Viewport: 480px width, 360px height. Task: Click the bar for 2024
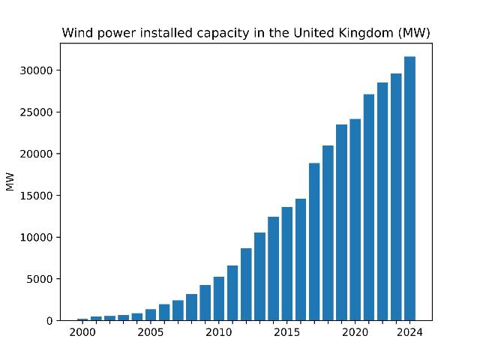pyautogui.click(x=409, y=188)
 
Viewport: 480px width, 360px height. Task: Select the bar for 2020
pyautogui.click(x=355, y=220)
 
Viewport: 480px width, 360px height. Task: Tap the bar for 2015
pyautogui.click(x=286, y=264)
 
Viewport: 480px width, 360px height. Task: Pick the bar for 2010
pyautogui.click(x=219, y=298)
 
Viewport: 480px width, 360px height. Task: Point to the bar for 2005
pyautogui.click(x=151, y=315)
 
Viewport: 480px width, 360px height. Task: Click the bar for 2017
pyautogui.click(x=314, y=241)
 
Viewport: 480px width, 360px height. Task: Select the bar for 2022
pyautogui.click(x=382, y=202)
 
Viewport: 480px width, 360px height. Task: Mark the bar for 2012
pyautogui.click(x=246, y=284)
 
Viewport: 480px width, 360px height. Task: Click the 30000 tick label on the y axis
pyautogui.click(x=37, y=70)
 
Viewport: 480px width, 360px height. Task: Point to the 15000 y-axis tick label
pyautogui.click(x=37, y=196)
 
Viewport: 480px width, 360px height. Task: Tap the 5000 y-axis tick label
pyautogui.click(x=40, y=279)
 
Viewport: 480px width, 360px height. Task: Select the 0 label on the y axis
pyautogui.click(x=49, y=321)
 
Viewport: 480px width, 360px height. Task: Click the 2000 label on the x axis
pyautogui.click(x=82, y=332)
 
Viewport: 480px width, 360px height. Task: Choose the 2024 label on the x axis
pyautogui.click(x=409, y=332)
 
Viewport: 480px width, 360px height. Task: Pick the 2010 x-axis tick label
pyautogui.click(x=219, y=332)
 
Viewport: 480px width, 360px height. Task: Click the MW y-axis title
pyautogui.click(x=10, y=181)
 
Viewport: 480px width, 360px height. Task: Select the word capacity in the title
pyautogui.click(x=223, y=34)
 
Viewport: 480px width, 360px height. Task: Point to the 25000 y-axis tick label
pyautogui.click(x=37, y=112)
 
